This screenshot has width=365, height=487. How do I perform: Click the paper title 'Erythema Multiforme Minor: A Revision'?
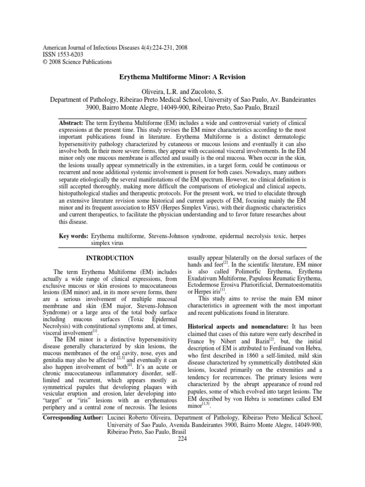point(182,77)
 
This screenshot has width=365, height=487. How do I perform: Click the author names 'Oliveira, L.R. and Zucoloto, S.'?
point(182,91)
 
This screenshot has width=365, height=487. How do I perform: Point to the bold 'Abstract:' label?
point(71,122)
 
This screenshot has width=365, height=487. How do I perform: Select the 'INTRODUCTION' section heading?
point(109,258)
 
